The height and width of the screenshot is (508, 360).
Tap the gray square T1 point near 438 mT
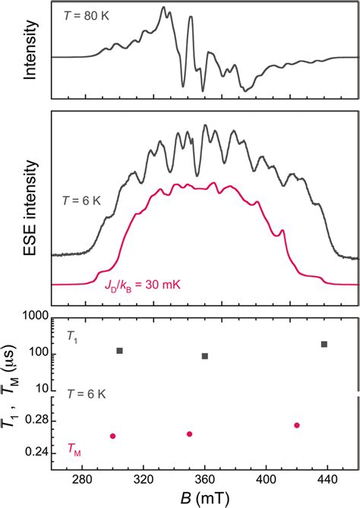324,344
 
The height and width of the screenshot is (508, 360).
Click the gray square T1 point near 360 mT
205,356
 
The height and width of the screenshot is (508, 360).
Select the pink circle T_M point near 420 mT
297,425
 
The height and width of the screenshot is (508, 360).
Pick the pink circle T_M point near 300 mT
112,436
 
